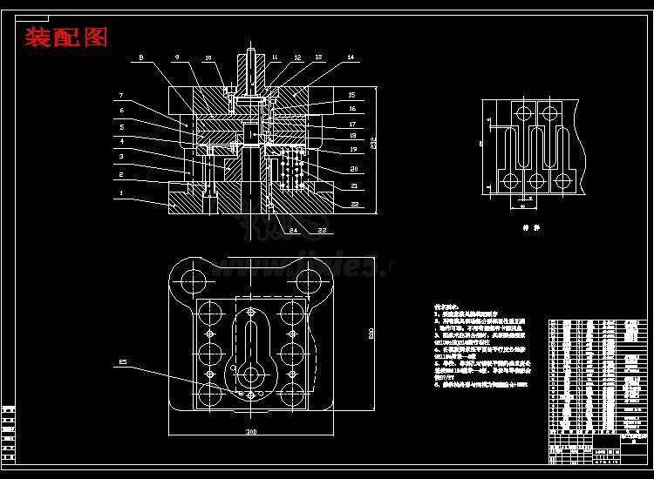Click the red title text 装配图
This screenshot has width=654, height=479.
click(x=66, y=37)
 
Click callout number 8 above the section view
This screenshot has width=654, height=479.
click(x=140, y=57)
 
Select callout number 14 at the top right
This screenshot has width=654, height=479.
click(x=351, y=57)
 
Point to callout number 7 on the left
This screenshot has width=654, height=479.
click(x=122, y=95)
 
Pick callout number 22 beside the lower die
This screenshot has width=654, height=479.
click(x=355, y=203)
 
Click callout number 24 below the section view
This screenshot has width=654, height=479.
click(x=294, y=230)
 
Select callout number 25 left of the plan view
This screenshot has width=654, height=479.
click(x=123, y=361)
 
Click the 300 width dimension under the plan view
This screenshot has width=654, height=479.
click(x=251, y=431)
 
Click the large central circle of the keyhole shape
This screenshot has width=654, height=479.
click(x=252, y=374)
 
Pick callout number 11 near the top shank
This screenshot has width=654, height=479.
click(x=275, y=57)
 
